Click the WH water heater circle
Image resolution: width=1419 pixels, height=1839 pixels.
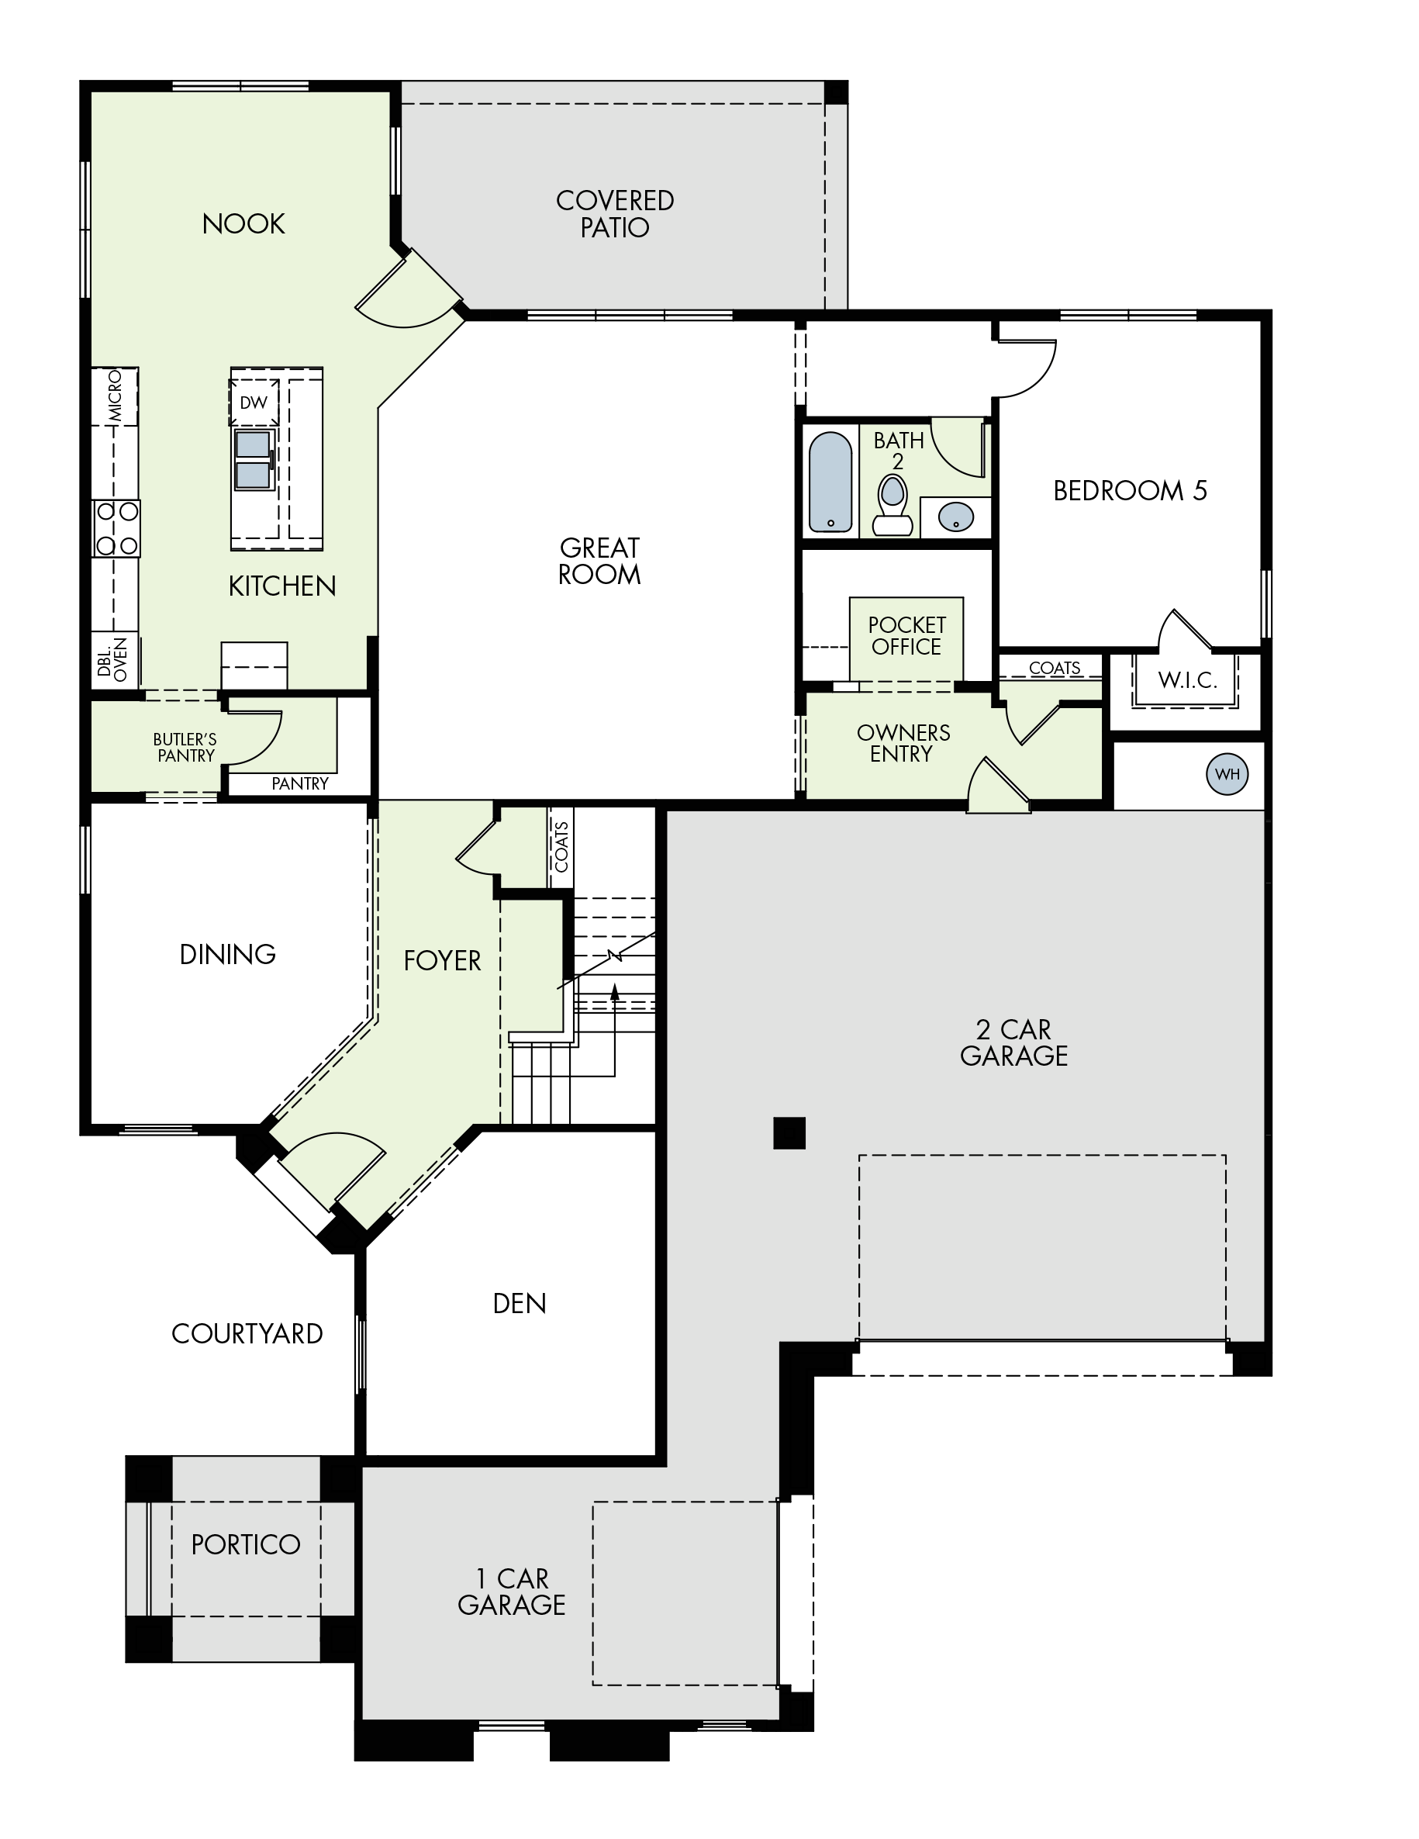click(1226, 775)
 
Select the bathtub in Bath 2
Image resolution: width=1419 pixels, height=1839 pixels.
click(830, 482)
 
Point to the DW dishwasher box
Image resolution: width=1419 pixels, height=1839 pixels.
click(254, 403)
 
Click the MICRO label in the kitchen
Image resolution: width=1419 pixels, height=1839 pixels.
click(116, 396)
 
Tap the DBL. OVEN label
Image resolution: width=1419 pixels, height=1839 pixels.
click(112, 660)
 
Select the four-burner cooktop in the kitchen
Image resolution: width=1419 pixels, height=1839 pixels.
click(116, 528)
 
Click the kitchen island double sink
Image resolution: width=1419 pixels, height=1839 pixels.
click(254, 460)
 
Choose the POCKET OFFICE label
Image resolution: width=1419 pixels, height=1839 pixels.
click(906, 636)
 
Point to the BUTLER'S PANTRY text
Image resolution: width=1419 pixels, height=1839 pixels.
click(185, 748)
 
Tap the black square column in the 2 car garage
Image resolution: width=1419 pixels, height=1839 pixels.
click(789, 1132)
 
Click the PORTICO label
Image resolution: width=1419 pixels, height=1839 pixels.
click(246, 1544)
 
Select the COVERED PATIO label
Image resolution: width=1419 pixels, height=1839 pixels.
click(615, 214)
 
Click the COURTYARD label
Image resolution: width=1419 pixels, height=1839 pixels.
click(247, 1334)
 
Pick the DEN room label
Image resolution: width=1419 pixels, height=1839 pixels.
click(520, 1304)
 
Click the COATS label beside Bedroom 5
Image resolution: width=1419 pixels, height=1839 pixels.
click(1055, 669)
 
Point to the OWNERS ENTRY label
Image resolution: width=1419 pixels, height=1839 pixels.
click(903, 744)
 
